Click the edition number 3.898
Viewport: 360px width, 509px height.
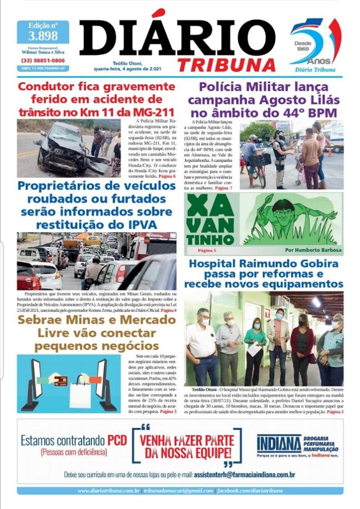coord(43,36)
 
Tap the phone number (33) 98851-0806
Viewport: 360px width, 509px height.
coord(43,60)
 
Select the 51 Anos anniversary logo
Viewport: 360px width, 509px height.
coord(314,44)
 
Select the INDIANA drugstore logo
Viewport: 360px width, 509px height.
coord(279,443)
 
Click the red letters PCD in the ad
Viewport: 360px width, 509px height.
coord(117,441)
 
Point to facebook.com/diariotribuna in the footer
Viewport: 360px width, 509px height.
coord(250,490)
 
